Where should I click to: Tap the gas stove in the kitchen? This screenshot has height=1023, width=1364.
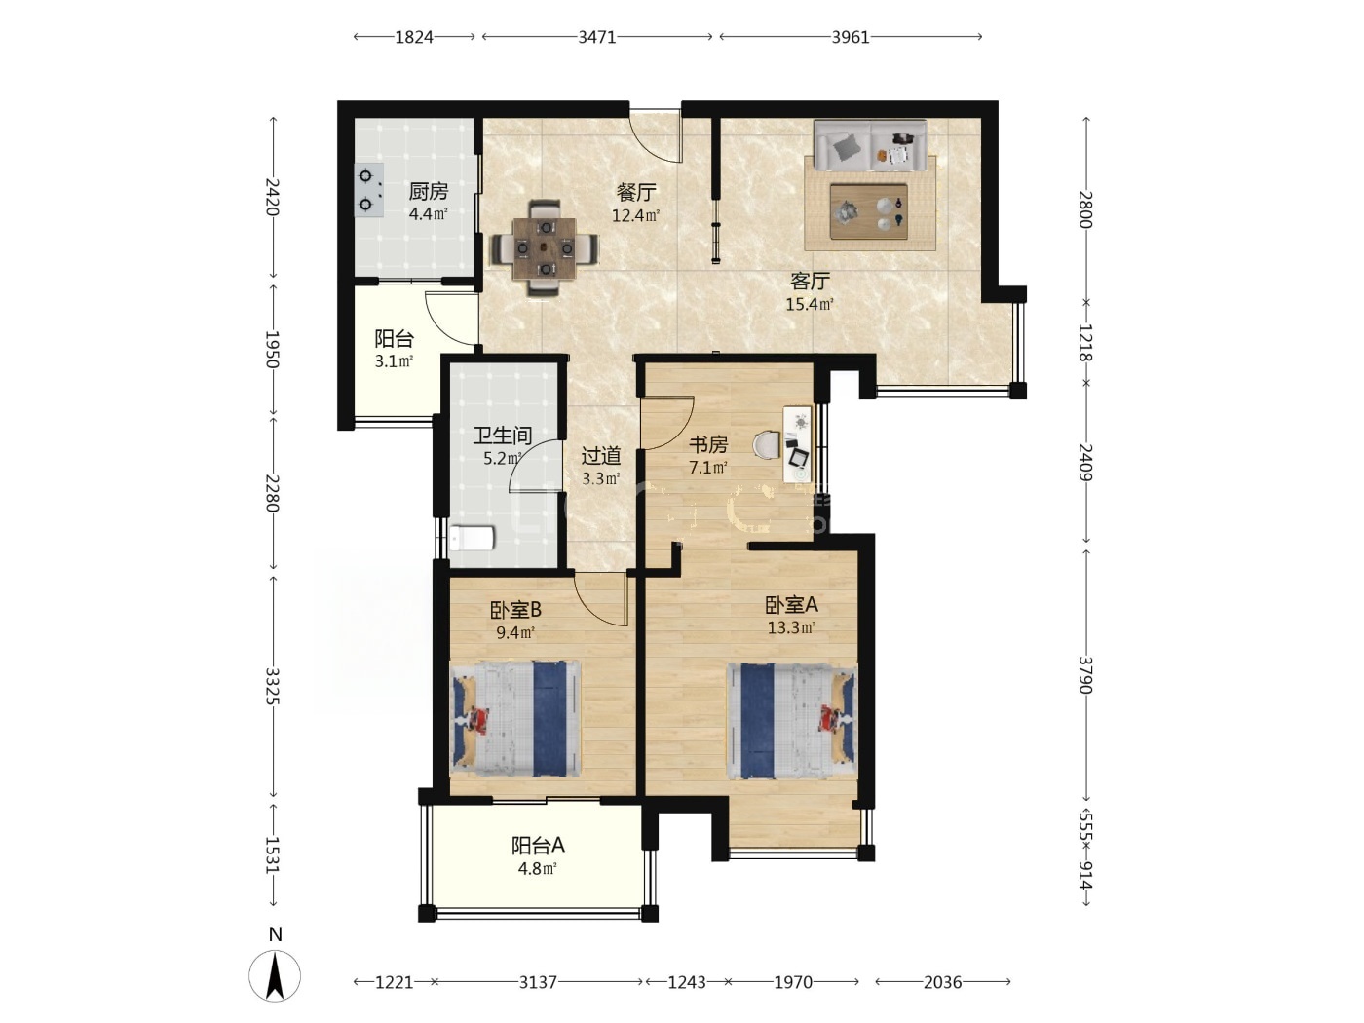(368, 190)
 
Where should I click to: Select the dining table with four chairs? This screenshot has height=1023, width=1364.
(545, 247)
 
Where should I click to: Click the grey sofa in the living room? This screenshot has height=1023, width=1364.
(870, 146)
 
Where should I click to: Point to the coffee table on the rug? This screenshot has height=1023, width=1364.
(869, 211)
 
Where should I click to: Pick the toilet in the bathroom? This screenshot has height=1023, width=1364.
(472, 538)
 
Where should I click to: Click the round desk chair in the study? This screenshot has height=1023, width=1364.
(767, 445)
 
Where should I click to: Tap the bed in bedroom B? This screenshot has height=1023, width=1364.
(515, 719)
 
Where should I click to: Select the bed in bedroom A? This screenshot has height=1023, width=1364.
(792, 721)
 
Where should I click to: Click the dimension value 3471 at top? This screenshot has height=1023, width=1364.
(597, 38)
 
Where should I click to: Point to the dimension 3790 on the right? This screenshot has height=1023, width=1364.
(1085, 675)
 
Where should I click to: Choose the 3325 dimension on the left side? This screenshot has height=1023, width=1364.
(272, 686)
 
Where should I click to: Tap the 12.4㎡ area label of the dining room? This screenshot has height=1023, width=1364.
(635, 216)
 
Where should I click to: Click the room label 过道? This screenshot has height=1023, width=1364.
(601, 457)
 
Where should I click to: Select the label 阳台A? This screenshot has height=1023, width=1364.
(538, 846)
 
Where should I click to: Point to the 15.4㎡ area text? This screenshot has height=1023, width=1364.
(809, 304)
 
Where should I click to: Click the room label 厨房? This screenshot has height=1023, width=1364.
(429, 192)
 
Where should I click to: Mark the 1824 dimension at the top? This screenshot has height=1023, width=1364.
(414, 38)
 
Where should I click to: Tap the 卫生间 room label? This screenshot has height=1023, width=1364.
(503, 436)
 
